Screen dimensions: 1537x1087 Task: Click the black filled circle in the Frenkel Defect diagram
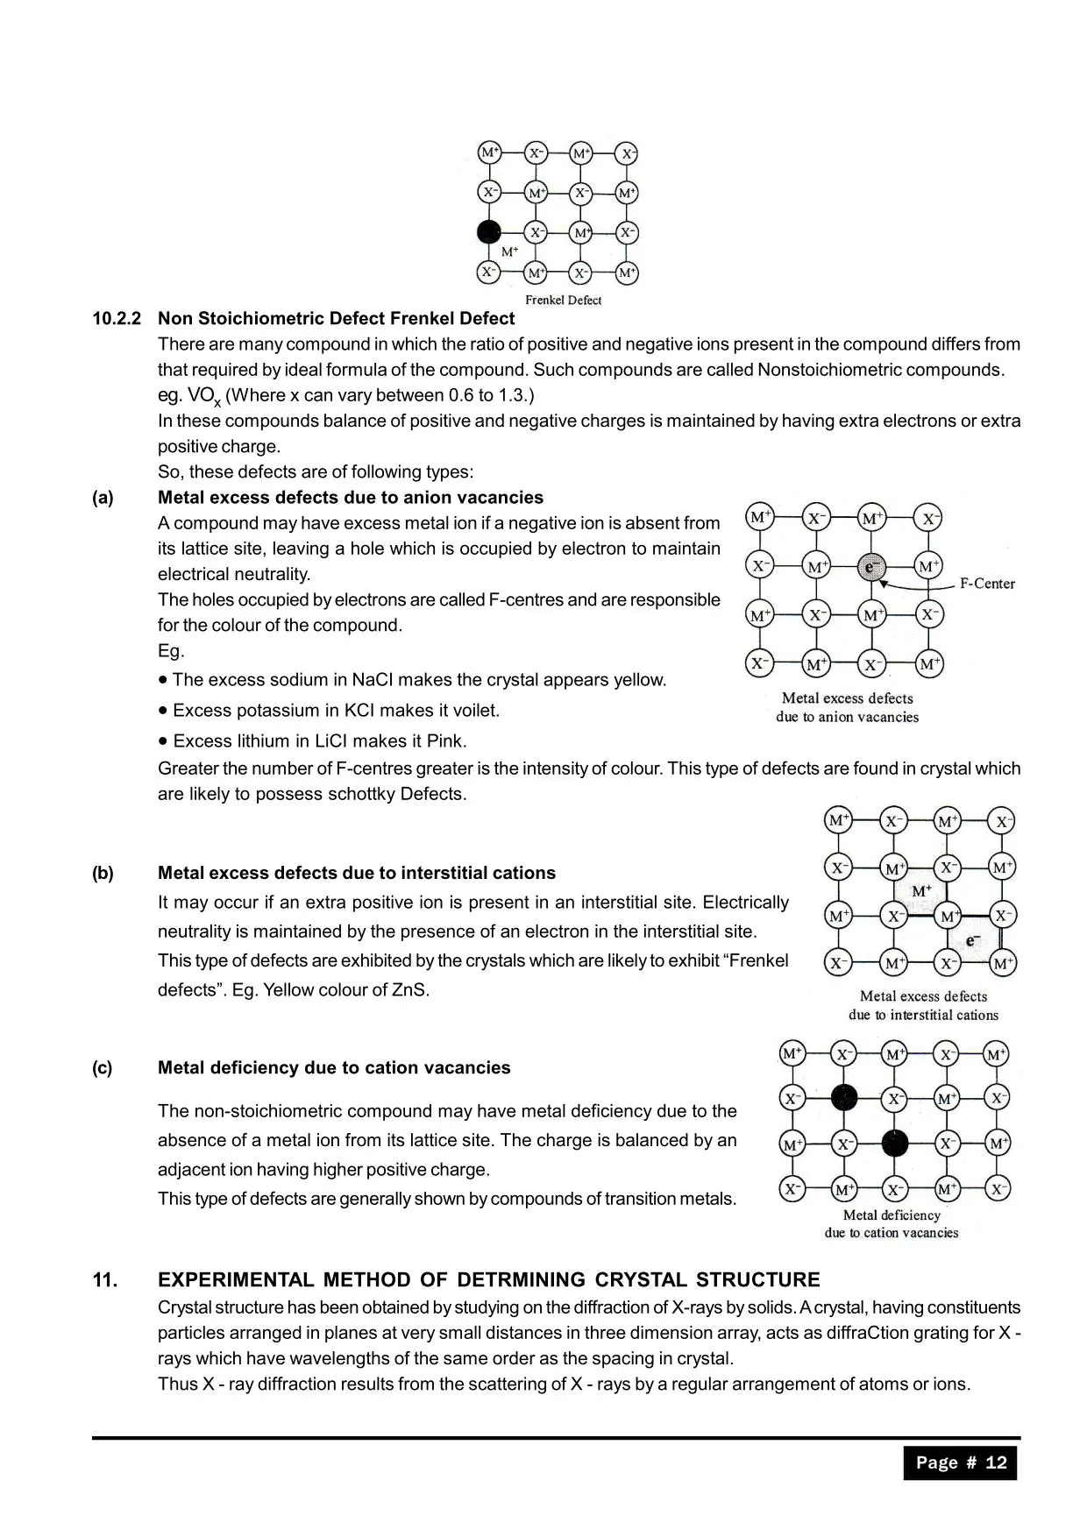click(x=488, y=232)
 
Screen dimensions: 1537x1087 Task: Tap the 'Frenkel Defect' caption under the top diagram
click(x=563, y=300)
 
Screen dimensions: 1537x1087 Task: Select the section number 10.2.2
click(x=117, y=318)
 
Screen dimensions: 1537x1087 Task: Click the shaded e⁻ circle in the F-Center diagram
click(x=870, y=567)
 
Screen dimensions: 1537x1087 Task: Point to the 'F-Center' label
click(x=987, y=584)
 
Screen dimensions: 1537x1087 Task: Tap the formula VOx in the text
click(x=203, y=396)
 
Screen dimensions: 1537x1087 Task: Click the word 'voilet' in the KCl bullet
click(x=473, y=711)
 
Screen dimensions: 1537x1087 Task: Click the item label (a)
click(x=103, y=498)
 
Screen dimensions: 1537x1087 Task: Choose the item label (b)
click(x=103, y=873)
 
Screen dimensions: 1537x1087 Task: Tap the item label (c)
click(x=103, y=1067)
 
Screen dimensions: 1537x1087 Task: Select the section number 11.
click(x=104, y=1280)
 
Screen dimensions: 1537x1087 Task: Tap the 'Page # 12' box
click(x=961, y=1463)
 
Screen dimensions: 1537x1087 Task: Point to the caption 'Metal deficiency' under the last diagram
click(x=891, y=1215)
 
